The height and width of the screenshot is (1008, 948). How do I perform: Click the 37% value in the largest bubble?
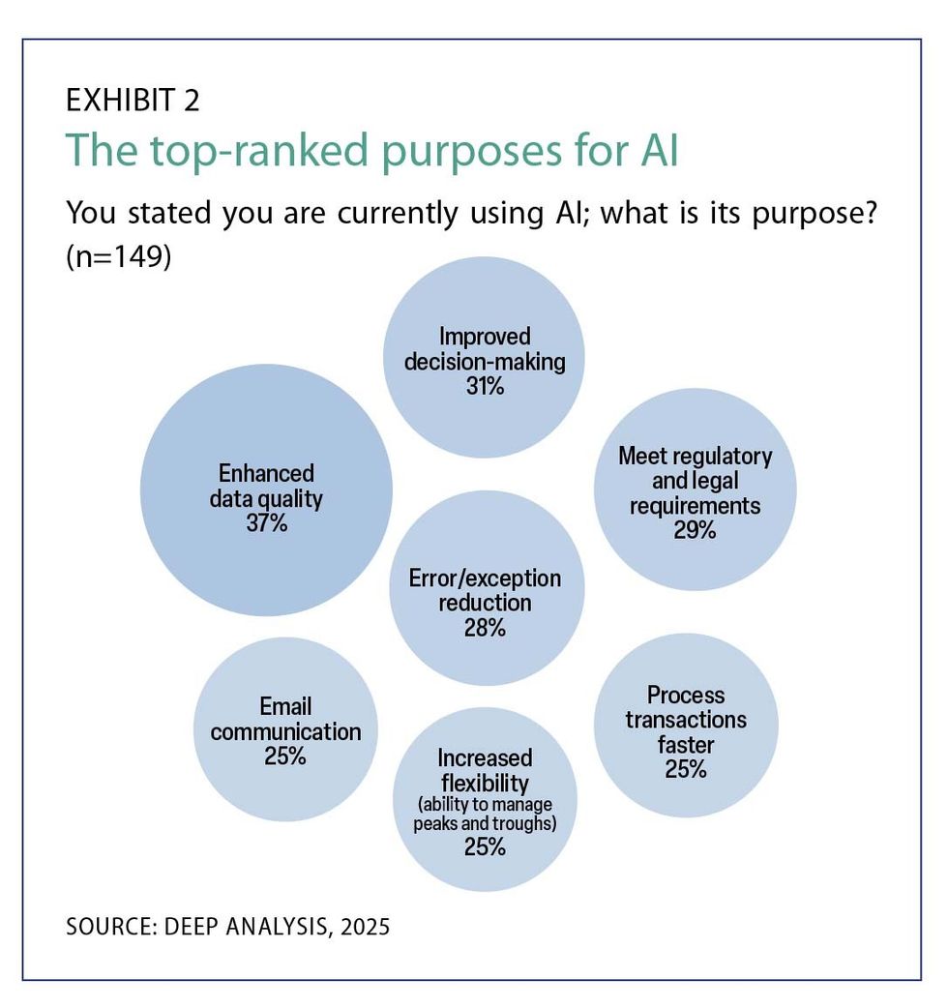[266, 525]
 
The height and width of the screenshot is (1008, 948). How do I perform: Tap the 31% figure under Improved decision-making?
[484, 385]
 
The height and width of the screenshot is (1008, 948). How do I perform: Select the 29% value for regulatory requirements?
[695, 530]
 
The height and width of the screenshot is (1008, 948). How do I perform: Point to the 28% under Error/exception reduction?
[485, 628]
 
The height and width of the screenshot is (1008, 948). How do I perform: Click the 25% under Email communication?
[285, 756]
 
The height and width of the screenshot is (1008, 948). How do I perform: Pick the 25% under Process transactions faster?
[686, 770]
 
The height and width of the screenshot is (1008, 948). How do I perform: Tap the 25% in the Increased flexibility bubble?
[485, 847]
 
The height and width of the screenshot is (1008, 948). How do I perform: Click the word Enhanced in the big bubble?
[266, 474]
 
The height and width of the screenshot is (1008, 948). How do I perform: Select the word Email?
[285, 706]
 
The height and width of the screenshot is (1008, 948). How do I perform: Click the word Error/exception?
[485, 578]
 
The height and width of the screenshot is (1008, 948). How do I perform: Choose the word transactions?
[686, 721]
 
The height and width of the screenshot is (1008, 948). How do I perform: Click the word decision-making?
[484, 361]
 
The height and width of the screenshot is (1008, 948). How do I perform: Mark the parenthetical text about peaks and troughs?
[485, 814]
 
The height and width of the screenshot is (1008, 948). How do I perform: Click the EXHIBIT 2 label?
[133, 101]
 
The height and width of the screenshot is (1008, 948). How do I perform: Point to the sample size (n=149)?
[118, 259]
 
